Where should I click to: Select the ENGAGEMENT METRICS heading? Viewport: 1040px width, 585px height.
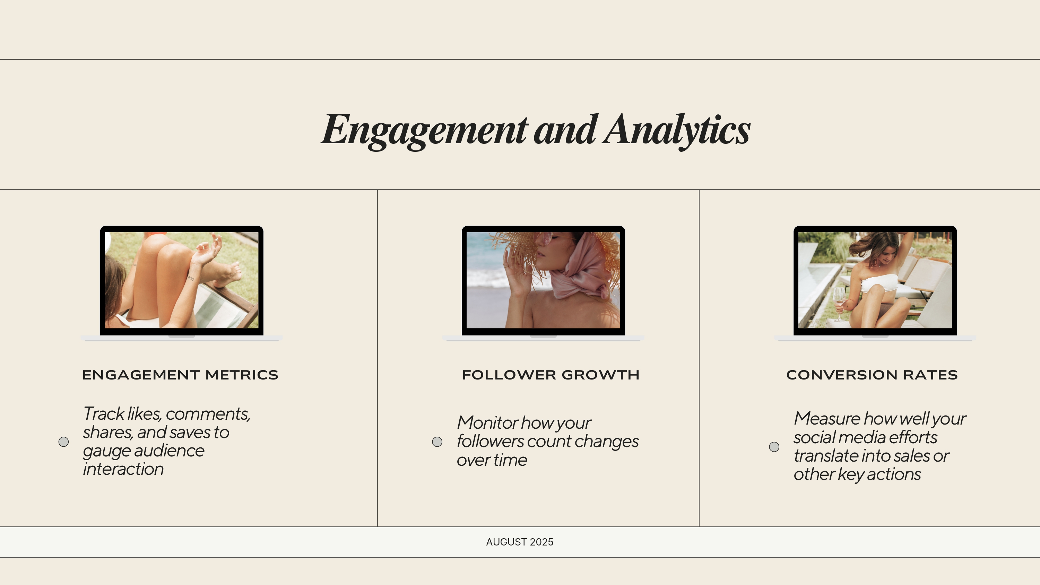coord(180,375)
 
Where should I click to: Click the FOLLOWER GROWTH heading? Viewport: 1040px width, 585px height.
coord(551,375)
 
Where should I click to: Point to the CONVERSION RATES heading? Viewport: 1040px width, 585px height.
coord(872,375)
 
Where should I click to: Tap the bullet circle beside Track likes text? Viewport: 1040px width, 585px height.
coord(63,442)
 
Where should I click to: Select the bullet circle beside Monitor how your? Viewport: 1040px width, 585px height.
coord(437,442)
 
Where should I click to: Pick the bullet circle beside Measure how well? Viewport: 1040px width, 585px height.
coord(774,446)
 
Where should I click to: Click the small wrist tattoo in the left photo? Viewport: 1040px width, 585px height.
coord(191,278)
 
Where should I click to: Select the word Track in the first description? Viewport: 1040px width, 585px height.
coord(104,414)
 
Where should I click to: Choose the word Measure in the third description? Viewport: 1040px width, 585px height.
coord(827,419)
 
